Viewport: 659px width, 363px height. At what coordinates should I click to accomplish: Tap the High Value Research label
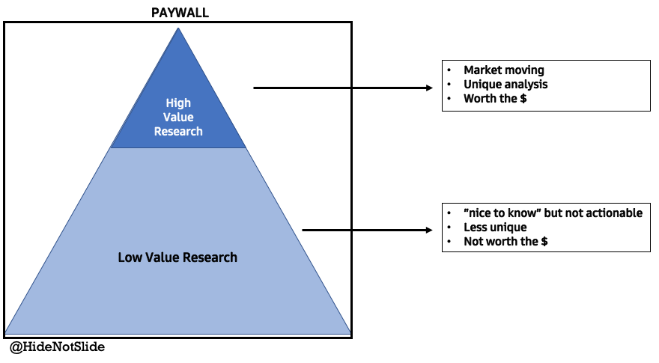tap(178, 117)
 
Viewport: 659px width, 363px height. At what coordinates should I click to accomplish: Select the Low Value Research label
tap(177, 257)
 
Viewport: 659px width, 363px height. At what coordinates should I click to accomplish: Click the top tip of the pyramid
tap(178, 29)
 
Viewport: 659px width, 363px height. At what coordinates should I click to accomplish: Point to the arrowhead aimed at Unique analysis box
tap(429, 88)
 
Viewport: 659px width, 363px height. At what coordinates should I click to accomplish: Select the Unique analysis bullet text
tap(505, 85)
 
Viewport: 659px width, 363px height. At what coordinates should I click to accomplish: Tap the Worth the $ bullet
tap(494, 99)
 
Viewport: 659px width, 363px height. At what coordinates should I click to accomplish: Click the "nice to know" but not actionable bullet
tap(553, 213)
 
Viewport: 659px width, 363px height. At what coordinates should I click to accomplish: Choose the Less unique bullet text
tap(495, 227)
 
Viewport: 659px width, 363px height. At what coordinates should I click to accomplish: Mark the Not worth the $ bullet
tap(506, 241)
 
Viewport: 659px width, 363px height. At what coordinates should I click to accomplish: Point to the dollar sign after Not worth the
tap(545, 241)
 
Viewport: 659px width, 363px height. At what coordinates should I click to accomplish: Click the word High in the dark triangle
tap(178, 103)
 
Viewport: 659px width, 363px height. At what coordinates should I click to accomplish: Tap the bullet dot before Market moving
tap(449, 70)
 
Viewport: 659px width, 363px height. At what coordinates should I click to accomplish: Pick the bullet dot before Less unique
tap(449, 227)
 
